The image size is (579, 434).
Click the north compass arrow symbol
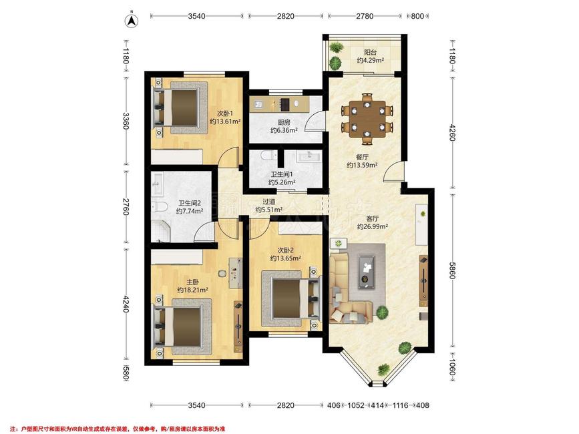tap(132, 20)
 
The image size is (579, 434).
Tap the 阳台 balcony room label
tap(370, 52)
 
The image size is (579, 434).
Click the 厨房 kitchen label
tap(284, 123)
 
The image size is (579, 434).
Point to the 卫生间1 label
tap(282, 174)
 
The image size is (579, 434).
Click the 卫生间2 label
tap(190, 204)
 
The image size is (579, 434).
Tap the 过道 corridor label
tap(269, 202)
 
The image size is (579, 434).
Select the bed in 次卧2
tap(291, 298)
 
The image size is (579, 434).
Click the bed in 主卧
tap(182, 327)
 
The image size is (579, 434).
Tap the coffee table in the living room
tap(367, 272)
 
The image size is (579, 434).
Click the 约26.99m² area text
tap(372, 226)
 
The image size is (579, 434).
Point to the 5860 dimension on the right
tap(452, 270)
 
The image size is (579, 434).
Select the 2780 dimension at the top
tap(365, 16)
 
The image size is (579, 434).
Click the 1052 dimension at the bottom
tap(356, 405)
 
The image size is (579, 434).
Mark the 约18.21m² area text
tap(192, 290)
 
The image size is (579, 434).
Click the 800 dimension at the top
tap(417, 16)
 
